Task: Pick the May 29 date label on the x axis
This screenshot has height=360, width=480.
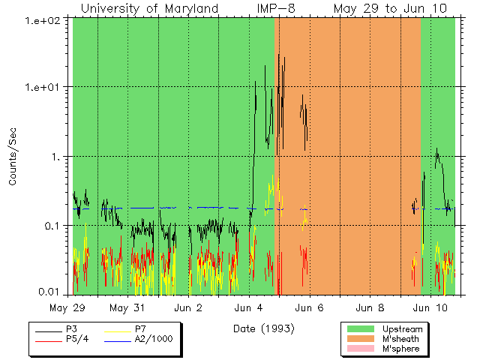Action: [x=67, y=307]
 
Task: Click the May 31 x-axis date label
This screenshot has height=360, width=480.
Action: [x=127, y=307]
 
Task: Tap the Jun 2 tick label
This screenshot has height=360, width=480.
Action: [x=188, y=307]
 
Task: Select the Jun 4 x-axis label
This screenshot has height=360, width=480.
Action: [x=249, y=307]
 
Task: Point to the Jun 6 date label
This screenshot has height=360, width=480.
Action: [x=309, y=307]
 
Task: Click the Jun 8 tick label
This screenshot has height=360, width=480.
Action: [x=370, y=307]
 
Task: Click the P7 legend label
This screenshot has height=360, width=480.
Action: [x=140, y=329]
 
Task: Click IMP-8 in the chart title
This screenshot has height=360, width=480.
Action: [x=272, y=8]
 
